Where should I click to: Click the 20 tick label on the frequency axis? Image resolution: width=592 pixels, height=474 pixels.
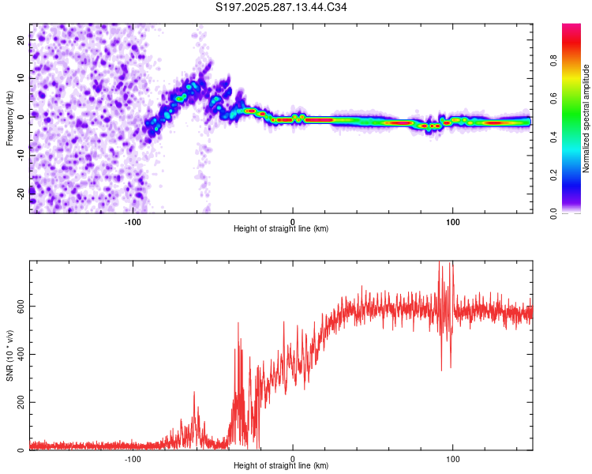[x=22, y=41]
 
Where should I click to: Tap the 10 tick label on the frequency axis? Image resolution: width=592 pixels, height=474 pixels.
[x=22, y=78]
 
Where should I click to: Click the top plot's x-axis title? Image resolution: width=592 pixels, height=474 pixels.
[x=281, y=229]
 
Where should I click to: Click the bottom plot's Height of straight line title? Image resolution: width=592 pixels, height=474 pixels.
[x=281, y=466]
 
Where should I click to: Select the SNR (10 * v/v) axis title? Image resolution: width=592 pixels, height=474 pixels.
[x=9, y=355]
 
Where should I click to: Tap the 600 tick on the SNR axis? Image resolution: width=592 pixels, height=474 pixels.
[x=19, y=306]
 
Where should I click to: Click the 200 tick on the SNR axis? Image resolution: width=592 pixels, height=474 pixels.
[x=19, y=402]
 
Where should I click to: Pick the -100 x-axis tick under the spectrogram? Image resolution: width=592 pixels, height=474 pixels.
[x=133, y=221]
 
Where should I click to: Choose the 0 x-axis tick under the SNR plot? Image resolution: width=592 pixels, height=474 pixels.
[x=293, y=458]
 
